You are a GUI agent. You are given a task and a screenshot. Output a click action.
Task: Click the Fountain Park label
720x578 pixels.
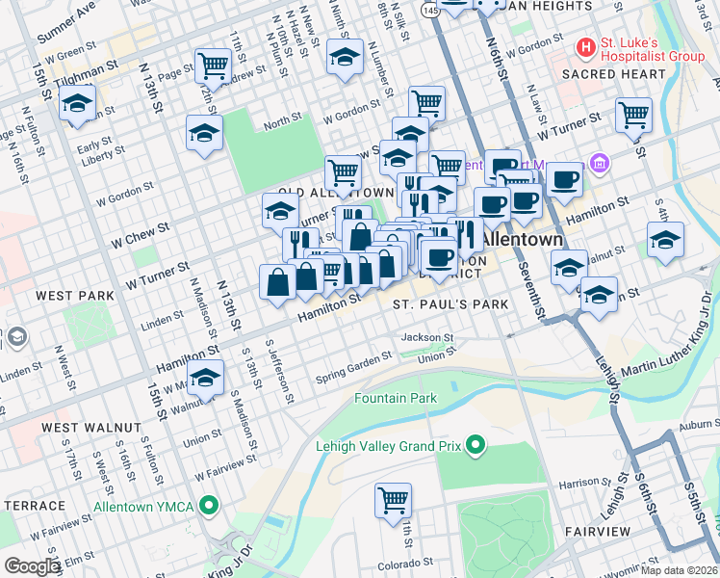[396, 398]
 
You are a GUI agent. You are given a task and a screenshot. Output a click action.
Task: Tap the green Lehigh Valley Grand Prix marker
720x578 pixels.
[474, 444]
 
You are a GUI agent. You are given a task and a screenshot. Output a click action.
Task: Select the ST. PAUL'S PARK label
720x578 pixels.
[450, 304]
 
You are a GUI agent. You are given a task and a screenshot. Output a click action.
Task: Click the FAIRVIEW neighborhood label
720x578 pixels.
[598, 531]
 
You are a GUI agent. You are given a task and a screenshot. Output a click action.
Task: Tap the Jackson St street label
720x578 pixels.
[426, 338]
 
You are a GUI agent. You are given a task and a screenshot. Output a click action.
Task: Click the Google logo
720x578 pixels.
[32, 566]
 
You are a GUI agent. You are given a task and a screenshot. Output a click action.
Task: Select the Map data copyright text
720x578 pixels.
[680, 570]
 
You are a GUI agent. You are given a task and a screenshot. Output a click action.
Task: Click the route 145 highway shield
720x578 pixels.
[430, 9]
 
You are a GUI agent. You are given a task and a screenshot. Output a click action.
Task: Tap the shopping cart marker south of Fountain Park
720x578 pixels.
[394, 501]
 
